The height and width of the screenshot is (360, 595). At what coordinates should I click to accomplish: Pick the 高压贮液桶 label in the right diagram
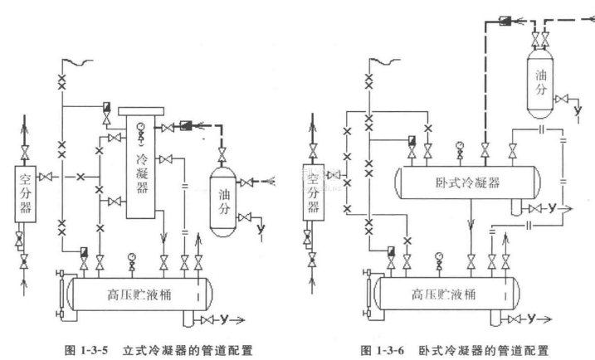pyautogui.click(x=447, y=294)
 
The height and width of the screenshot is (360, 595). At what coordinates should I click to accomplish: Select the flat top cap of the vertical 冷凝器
pyautogui.click(x=144, y=109)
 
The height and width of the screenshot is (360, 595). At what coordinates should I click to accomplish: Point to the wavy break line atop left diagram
pyautogui.click(x=73, y=61)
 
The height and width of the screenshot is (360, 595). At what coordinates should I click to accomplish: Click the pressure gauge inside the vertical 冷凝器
pyautogui.click(x=140, y=128)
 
